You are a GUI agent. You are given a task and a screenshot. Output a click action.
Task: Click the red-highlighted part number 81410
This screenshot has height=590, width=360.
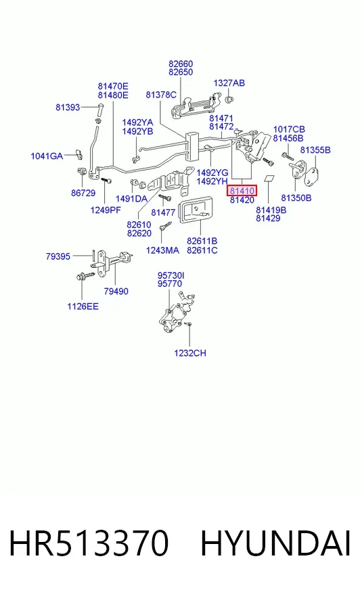(242, 191)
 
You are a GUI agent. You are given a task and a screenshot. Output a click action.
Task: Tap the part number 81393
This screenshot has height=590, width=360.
(68, 108)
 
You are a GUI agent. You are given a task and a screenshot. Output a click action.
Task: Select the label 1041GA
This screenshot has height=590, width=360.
(47, 156)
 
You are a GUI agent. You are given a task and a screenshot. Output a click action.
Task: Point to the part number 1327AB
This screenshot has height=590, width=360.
(229, 83)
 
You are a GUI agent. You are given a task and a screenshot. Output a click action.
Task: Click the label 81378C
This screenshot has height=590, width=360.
(161, 95)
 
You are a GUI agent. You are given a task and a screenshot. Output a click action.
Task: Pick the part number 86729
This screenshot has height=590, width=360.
(83, 193)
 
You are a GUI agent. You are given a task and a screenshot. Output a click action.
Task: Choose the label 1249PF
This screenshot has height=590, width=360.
(106, 210)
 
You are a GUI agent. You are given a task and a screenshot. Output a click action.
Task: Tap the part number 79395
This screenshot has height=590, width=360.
(58, 256)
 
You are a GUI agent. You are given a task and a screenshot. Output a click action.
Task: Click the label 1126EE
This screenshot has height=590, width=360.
(83, 307)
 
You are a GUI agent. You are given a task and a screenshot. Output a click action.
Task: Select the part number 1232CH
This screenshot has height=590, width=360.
(190, 353)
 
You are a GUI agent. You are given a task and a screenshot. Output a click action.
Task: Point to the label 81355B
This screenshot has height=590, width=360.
(315, 150)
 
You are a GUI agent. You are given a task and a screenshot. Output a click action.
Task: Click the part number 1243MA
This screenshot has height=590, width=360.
(162, 250)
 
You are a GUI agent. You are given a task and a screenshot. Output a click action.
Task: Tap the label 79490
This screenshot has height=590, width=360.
(116, 291)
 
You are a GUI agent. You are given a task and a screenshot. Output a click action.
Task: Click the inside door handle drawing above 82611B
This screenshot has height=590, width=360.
(195, 211)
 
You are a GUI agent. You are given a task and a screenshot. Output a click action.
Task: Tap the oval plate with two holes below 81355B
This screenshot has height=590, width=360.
(311, 177)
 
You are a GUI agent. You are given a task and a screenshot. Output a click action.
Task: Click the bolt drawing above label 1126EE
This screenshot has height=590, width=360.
(85, 277)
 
